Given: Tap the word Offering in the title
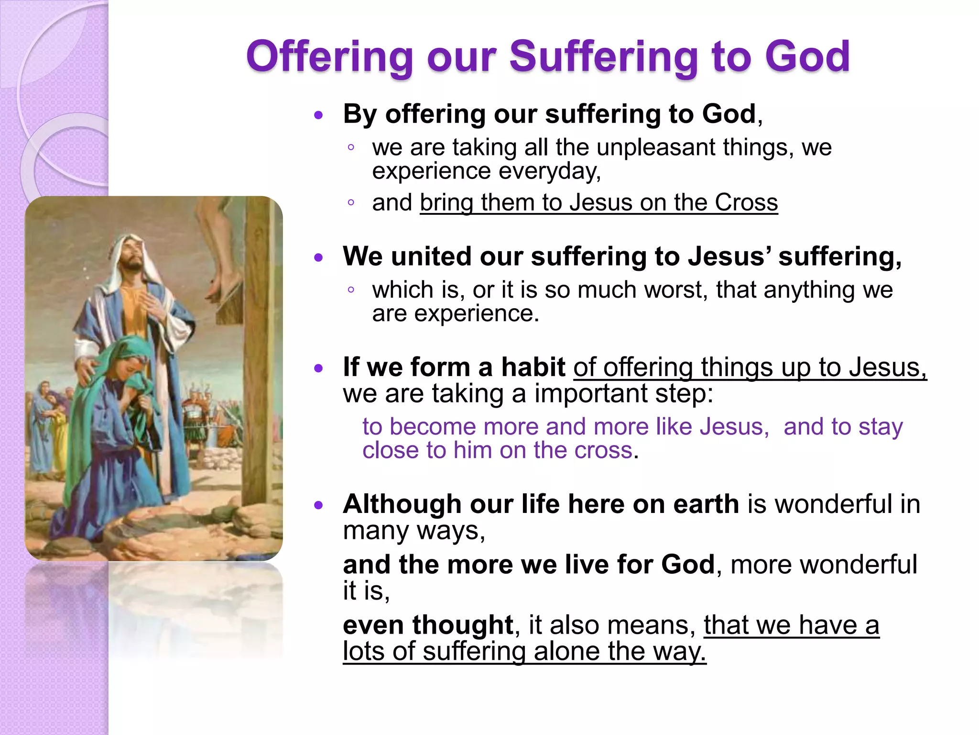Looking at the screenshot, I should [x=329, y=57].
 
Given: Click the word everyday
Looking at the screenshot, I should [x=549, y=171].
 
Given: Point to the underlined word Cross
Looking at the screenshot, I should [x=746, y=202].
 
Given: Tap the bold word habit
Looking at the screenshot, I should [x=533, y=367].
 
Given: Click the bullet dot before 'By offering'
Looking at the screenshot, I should [x=319, y=115].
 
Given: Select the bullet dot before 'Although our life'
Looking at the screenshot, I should [x=319, y=505].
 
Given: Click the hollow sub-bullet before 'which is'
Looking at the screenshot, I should [x=351, y=290].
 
